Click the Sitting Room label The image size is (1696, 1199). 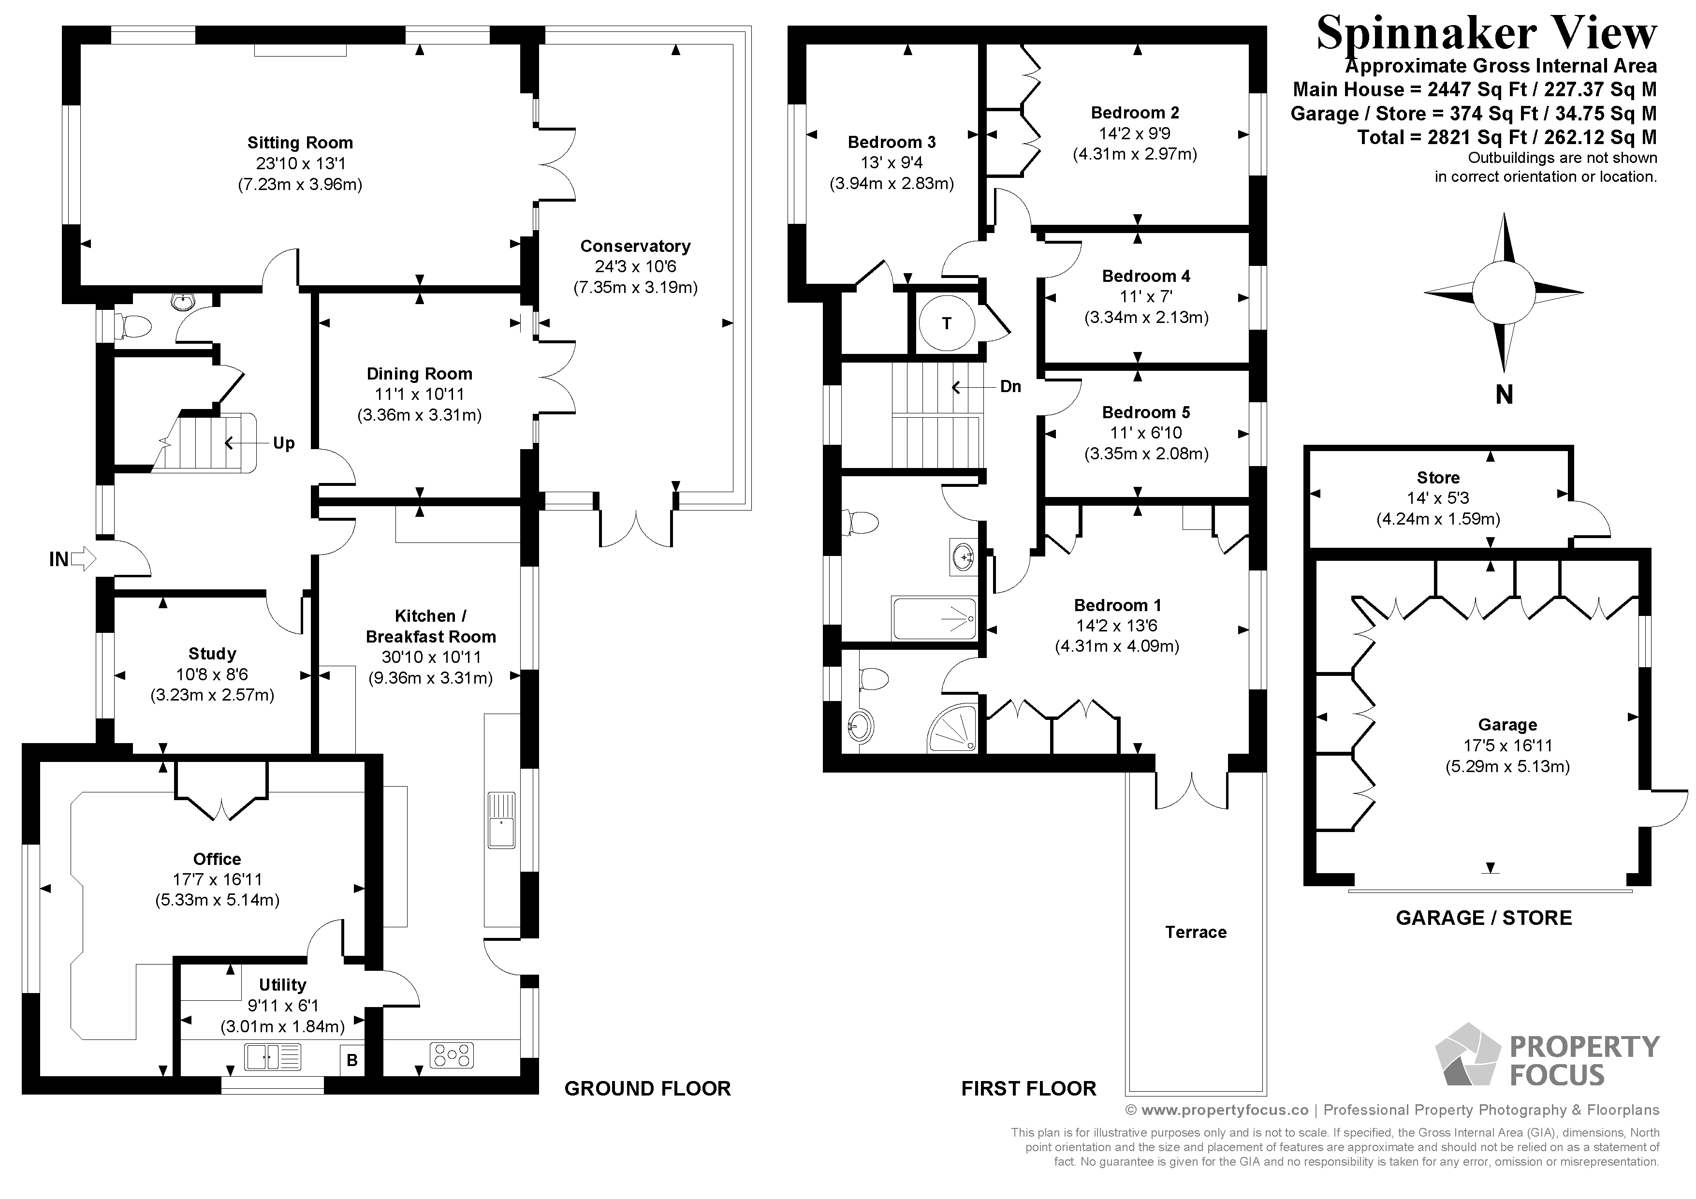tap(300, 143)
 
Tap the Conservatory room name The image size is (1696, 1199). tap(635, 246)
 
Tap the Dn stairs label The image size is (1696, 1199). tap(1010, 386)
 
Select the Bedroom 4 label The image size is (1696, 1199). tap(1146, 276)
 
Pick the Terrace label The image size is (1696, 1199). tap(1196, 932)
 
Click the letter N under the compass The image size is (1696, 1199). tap(1504, 395)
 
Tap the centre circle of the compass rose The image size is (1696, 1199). tap(1504, 292)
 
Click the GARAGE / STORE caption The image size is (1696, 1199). tap(1484, 918)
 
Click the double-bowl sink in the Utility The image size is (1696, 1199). tap(273, 1056)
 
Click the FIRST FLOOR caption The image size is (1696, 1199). tap(1029, 1088)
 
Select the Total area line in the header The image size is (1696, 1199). tap(1507, 137)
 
